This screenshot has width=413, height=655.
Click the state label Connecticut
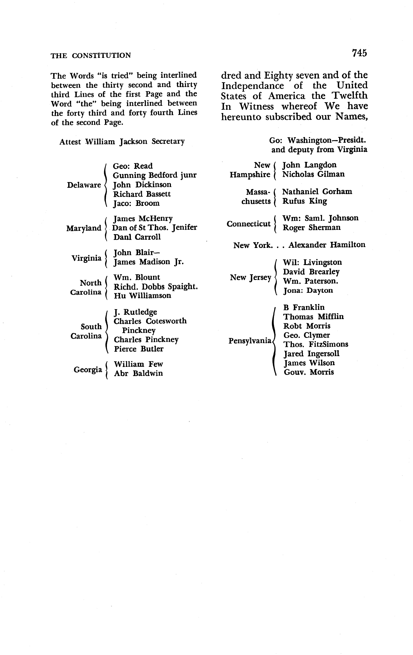click(x=248, y=224)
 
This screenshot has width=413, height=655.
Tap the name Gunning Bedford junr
click(x=155, y=175)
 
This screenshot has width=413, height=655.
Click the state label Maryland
click(x=84, y=228)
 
